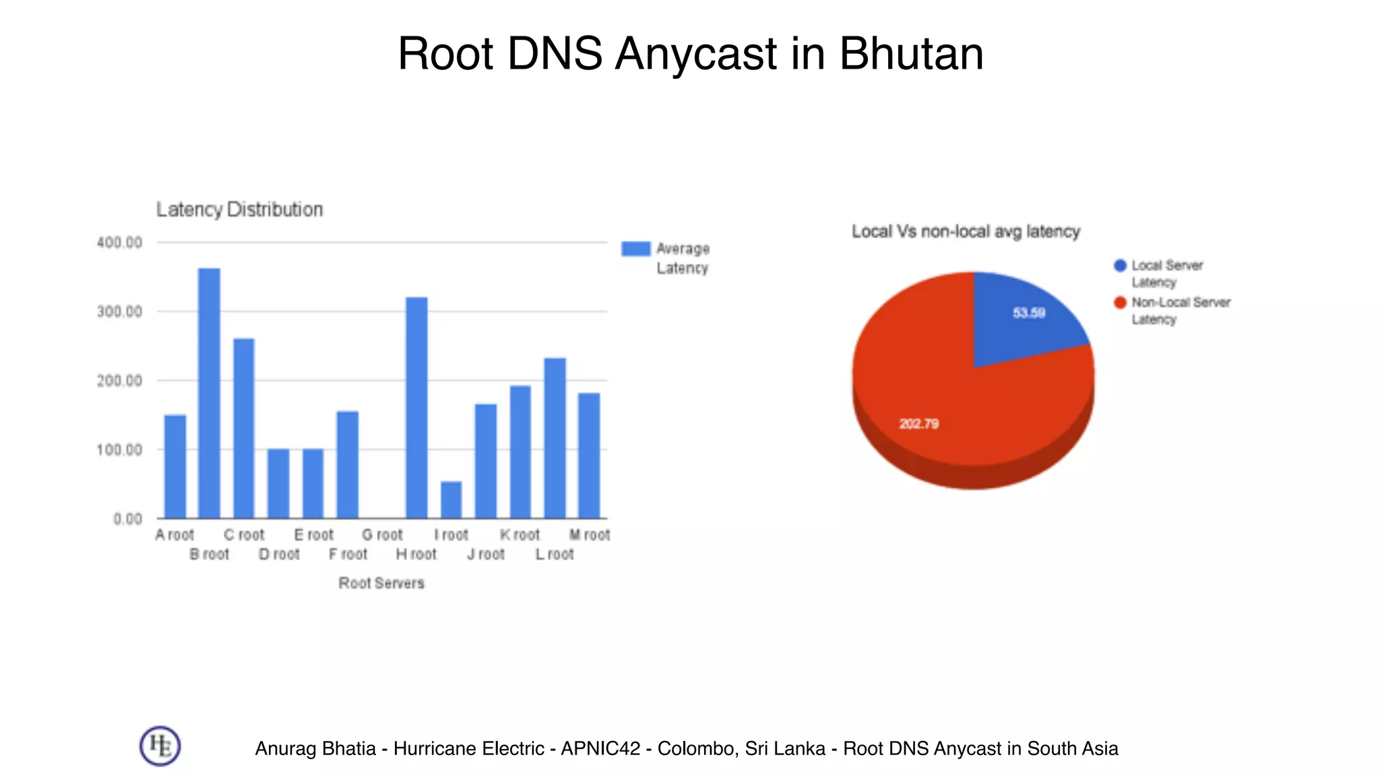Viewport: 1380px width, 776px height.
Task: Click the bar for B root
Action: click(209, 393)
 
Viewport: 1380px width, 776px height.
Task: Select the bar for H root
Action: click(416, 408)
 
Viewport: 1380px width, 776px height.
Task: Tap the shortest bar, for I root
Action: click(451, 500)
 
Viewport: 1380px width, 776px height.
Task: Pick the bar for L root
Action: click(555, 438)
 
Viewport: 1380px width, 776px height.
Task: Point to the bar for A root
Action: click(175, 466)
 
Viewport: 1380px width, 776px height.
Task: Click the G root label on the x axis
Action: click(382, 535)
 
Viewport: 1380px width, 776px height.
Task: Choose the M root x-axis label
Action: click(590, 535)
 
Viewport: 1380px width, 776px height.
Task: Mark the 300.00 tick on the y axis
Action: click(119, 312)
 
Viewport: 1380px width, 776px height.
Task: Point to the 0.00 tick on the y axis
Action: click(127, 519)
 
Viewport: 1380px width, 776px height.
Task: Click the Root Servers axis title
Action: click(381, 583)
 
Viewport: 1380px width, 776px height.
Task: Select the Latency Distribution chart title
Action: click(240, 209)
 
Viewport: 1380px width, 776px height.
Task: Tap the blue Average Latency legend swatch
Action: click(635, 249)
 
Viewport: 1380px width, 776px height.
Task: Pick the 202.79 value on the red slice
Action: click(919, 424)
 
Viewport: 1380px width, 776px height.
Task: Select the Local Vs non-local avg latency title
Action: click(966, 232)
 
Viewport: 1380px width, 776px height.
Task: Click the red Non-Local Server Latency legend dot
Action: click(1120, 302)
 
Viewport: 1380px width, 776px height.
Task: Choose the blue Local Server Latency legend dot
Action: click(1120, 265)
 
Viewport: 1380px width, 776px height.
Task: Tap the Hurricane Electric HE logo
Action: click(160, 746)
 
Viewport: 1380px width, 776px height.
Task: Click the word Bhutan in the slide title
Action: click(911, 54)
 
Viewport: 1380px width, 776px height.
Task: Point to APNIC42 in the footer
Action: click(600, 748)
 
